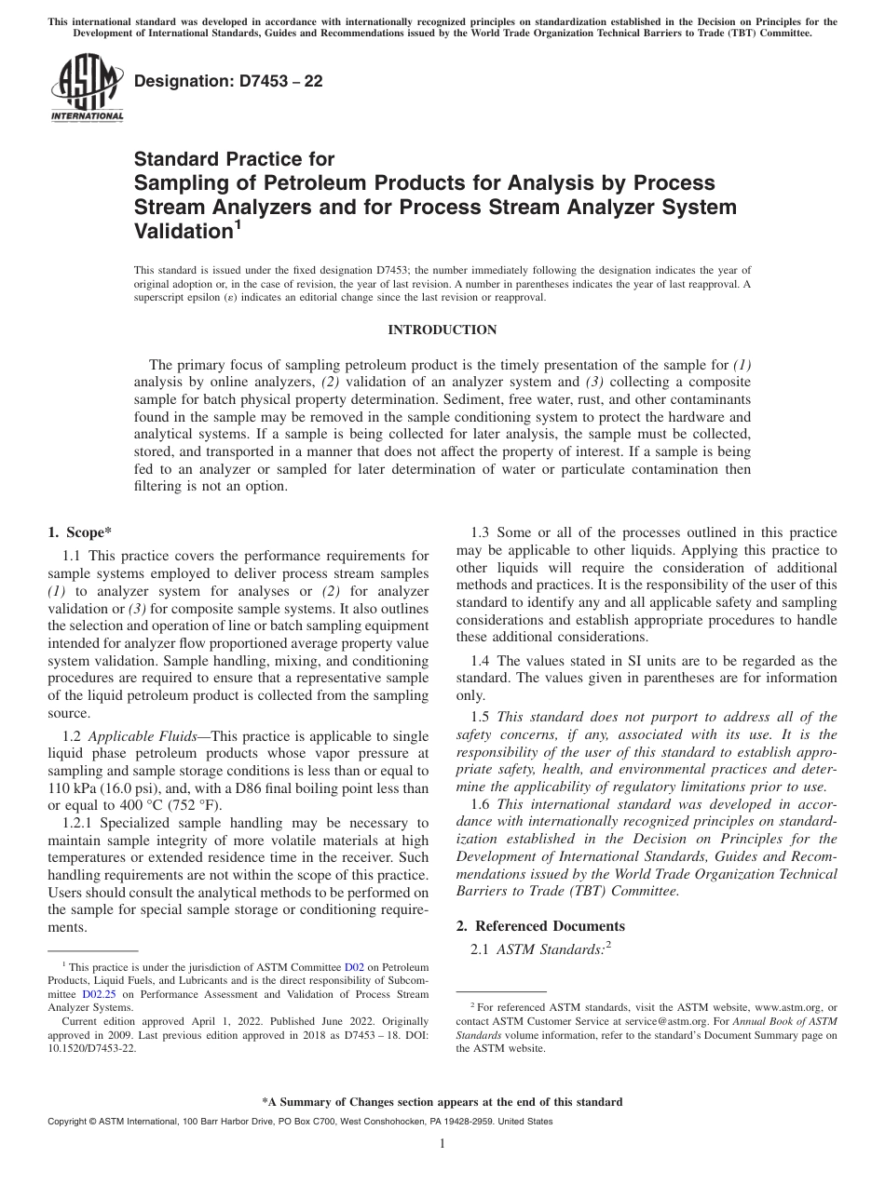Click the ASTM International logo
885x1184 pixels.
point(87,89)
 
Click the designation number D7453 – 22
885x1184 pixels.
point(228,81)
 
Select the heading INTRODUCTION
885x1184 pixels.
point(442,330)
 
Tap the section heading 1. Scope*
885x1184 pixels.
point(79,532)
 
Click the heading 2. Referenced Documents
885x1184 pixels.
point(540,925)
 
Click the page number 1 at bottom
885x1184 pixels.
point(442,1144)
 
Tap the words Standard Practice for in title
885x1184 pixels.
point(235,159)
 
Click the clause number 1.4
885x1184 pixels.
point(483,660)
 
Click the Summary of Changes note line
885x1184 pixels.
point(442,1102)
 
